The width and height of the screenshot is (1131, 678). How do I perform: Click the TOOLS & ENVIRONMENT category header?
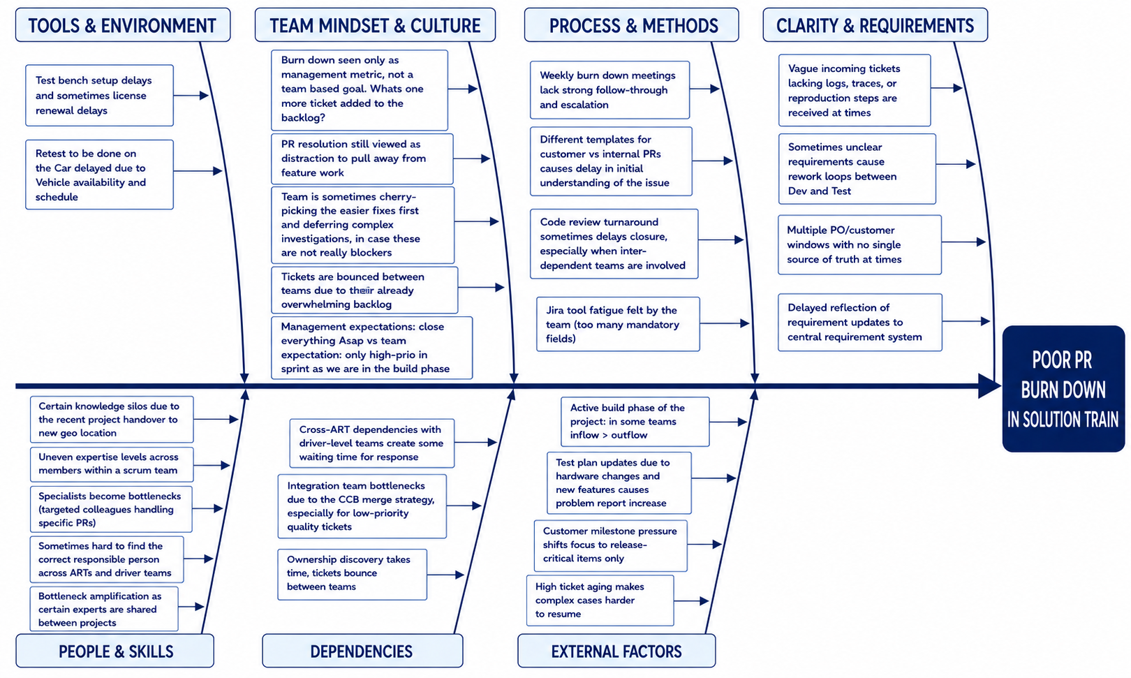click(x=123, y=24)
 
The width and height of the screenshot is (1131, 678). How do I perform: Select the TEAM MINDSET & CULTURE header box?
click(x=375, y=24)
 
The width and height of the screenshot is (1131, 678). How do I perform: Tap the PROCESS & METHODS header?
click(x=632, y=24)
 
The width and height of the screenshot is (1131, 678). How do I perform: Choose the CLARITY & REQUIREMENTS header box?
click(x=875, y=24)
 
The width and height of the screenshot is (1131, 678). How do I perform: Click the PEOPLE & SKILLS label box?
click(x=115, y=651)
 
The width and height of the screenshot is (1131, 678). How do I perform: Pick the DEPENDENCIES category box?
click(x=362, y=651)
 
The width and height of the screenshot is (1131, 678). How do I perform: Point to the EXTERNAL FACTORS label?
click(x=616, y=651)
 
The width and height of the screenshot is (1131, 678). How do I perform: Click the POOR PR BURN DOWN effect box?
click(x=1063, y=389)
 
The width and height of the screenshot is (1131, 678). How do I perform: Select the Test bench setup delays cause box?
click(x=99, y=96)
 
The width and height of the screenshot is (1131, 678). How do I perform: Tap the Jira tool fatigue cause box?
click(x=618, y=324)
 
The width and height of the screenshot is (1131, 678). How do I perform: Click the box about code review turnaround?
click(x=614, y=244)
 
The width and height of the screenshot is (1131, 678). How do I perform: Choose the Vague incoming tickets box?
click(x=855, y=90)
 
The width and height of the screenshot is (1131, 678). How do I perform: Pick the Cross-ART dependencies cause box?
click(x=371, y=443)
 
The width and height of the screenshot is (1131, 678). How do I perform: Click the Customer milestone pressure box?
click(x=610, y=545)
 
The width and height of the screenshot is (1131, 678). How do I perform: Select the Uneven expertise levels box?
click(x=112, y=464)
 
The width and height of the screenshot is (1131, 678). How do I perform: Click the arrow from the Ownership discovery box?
click(x=445, y=575)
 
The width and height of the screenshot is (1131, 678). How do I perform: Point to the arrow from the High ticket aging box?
click(x=691, y=600)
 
